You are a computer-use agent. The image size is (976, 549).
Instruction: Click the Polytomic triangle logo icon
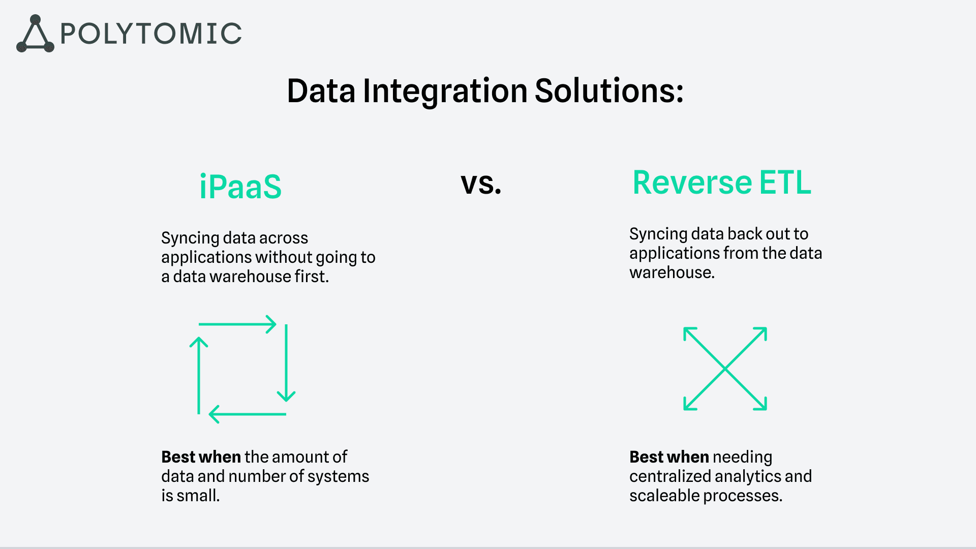[x=35, y=35]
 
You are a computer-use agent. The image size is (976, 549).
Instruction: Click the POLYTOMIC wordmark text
[x=151, y=34]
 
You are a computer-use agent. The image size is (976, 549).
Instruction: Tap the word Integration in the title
[x=445, y=91]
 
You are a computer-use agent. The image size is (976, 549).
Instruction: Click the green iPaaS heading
[x=240, y=187]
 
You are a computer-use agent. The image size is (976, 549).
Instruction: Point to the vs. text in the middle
[x=481, y=184]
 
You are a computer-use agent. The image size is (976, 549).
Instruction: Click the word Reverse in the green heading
[x=692, y=182]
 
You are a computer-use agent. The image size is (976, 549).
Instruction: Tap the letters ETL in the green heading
[x=785, y=182]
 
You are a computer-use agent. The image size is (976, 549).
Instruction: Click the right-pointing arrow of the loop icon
[x=237, y=324]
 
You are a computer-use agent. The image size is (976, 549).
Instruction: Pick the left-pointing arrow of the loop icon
[x=248, y=414]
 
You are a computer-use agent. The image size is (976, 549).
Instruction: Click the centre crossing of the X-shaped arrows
[x=725, y=369]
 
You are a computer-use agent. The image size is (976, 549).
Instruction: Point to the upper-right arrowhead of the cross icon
[x=760, y=333]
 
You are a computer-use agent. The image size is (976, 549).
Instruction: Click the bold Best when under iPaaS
[x=201, y=457]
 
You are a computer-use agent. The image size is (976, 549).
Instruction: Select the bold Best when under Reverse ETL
[x=669, y=457]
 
